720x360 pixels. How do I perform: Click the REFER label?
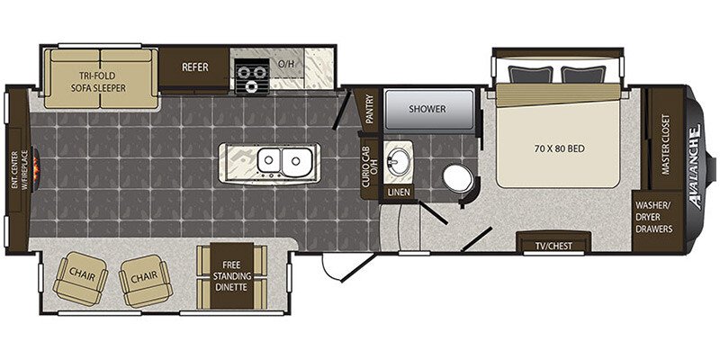pos(195,67)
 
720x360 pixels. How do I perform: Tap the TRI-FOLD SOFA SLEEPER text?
pos(98,81)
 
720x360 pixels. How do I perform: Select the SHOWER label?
pos(427,109)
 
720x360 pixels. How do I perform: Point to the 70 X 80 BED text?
pos(559,148)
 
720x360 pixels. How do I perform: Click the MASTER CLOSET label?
pos(665,144)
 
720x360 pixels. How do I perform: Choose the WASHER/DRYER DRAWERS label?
pos(654,217)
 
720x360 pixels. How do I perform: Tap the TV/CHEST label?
pos(553,246)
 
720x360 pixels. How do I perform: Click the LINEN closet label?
pos(399,193)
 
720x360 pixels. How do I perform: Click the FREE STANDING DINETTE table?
pos(232,276)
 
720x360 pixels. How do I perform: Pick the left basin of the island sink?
pos(269,160)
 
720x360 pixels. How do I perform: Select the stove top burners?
pos(252,76)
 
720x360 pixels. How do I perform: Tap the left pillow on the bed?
pos(530,75)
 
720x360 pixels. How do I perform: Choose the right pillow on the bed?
pos(583,75)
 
